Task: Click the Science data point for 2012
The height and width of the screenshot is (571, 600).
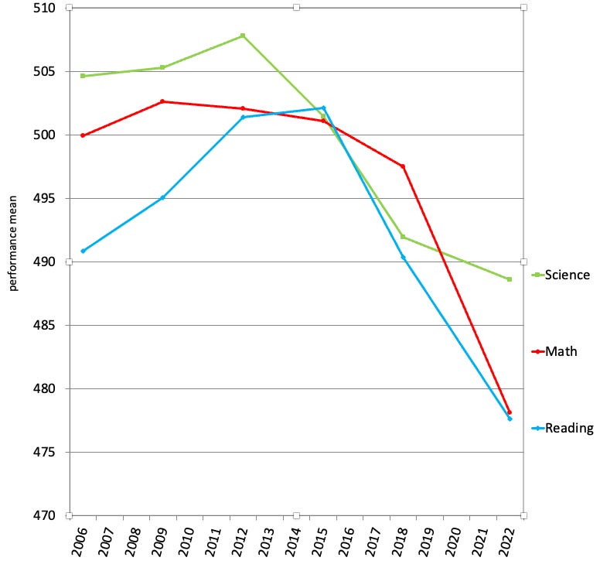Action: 243,36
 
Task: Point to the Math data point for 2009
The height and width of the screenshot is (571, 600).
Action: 162,101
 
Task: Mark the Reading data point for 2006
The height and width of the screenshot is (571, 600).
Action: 83,251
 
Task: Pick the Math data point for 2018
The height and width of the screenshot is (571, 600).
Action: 403,166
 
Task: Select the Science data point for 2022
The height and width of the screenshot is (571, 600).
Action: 510,279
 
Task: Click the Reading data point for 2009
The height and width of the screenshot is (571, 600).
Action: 162,198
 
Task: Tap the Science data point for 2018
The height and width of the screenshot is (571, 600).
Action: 403,237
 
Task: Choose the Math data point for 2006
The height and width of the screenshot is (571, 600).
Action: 83,135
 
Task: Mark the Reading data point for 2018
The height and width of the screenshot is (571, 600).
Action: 403,257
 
